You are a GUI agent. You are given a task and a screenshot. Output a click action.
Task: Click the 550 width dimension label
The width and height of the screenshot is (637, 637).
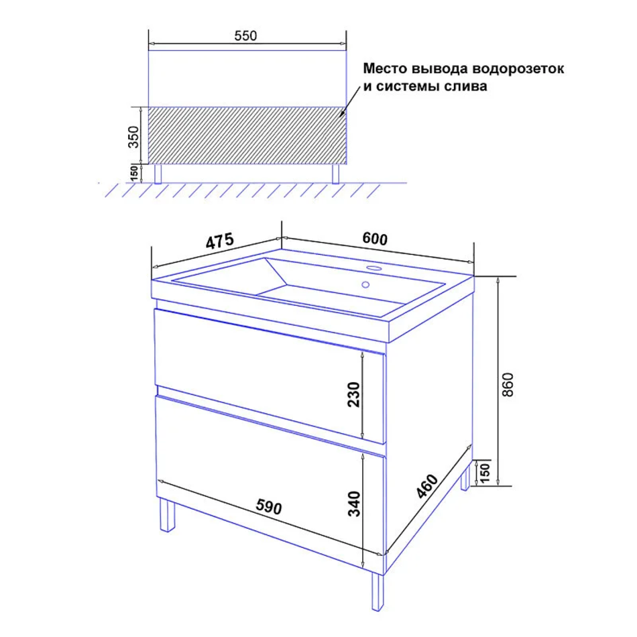coord(245,36)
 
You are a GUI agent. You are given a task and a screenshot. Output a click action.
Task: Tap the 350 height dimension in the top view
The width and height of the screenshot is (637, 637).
coord(133,137)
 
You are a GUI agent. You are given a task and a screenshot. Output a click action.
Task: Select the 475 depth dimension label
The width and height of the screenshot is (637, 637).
coord(220,241)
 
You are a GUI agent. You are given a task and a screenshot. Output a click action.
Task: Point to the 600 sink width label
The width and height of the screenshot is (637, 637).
coord(375,239)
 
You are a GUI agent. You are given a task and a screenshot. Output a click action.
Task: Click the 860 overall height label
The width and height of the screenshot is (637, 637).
coord(508,384)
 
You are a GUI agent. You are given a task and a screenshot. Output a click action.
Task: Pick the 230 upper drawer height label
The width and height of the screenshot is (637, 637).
coord(354,394)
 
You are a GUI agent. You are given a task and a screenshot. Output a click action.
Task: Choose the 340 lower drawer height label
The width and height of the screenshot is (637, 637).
coord(354,504)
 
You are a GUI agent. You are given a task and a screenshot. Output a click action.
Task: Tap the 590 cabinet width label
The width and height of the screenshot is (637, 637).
coord(268,507)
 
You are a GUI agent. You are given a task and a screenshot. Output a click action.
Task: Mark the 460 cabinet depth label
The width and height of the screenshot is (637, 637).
coord(427,486)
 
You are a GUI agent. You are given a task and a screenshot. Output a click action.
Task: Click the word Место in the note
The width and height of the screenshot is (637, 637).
coord(385,68)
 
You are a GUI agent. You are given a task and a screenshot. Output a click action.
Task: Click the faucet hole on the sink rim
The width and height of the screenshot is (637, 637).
coord(373,268)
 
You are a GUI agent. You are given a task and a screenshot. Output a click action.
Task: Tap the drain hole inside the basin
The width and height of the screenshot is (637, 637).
coord(365,284)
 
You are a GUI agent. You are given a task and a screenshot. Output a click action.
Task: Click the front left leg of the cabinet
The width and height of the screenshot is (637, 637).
coord(168,515)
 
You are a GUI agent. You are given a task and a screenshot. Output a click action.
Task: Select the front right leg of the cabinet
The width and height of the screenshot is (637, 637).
coord(378,591)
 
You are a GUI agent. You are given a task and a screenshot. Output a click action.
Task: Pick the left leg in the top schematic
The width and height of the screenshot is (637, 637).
coord(158,174)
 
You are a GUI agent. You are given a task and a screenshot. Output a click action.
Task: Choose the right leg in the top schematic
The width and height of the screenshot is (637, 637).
coord(335,174)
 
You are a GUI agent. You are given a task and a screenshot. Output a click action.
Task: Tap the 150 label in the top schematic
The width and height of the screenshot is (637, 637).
coord(133,173)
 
